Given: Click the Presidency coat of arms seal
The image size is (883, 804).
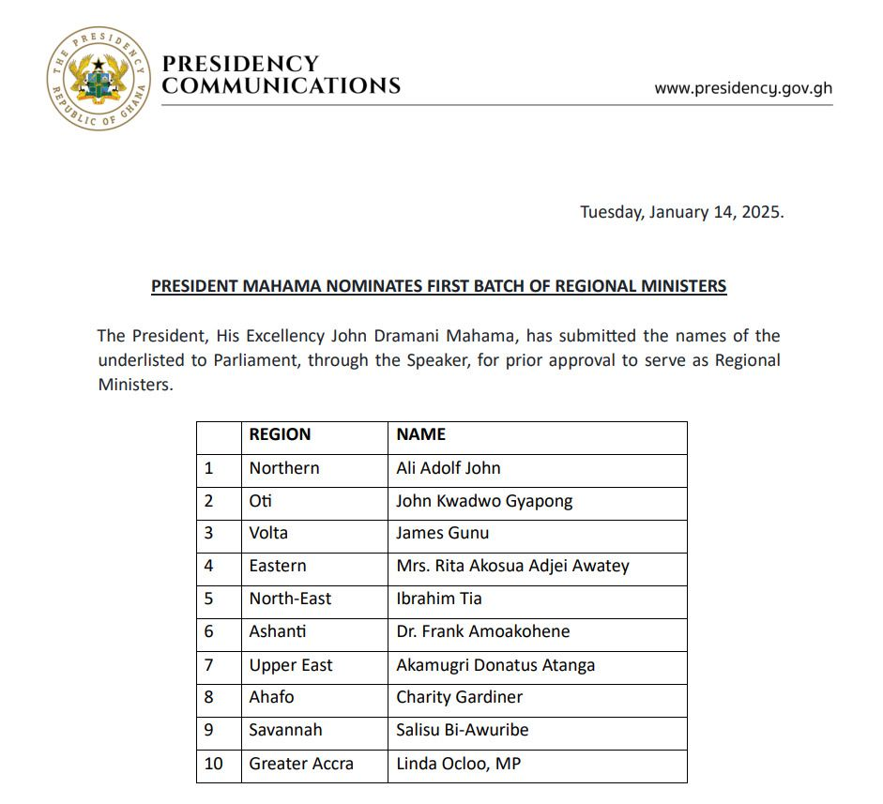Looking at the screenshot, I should point(99,79).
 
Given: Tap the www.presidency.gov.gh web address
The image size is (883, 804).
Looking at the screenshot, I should point(743,88).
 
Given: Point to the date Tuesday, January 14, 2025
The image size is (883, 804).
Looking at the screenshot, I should point(681,211).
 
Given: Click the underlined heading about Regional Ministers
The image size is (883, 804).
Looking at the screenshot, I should point(439,285).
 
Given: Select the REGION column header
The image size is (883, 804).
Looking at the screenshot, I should point(280,434).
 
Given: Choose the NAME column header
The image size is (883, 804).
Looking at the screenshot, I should point(420,434).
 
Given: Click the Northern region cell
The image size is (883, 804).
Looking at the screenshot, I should point(284,468).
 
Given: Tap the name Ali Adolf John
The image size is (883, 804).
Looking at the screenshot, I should point(449,468).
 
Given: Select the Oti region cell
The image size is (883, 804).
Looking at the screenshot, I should point(261,501).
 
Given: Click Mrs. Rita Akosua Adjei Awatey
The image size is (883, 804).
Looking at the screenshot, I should point(512,566).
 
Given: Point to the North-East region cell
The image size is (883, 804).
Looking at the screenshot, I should point(290,599).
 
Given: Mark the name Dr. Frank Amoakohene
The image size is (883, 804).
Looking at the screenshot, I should point(483,631).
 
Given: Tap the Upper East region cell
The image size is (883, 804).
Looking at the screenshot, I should point(291,665).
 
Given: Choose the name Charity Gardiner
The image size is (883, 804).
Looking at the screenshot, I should point(460,697).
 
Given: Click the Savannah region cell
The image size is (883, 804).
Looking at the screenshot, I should point(285,730).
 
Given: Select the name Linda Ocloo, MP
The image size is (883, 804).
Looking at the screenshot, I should point(459,764).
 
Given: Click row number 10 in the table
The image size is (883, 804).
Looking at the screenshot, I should point(214,764).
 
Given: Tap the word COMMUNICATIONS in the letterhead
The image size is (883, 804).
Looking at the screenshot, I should point(282,86).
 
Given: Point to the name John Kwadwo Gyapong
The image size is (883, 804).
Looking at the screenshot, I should point(484,501).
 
